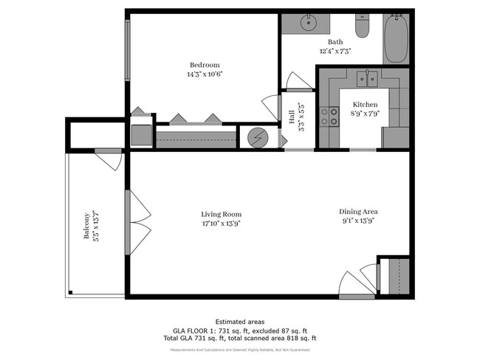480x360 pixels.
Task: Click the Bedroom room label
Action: pos(204,65)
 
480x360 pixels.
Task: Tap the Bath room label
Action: pos(335,42)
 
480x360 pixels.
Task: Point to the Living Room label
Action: pos(222,214)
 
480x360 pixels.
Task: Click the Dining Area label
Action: pos(360,210)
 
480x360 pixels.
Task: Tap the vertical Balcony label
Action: pos(86,226)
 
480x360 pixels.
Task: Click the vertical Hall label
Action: pos(292,117)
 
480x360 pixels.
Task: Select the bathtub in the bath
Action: pos(397,38)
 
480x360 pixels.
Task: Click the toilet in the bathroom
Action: pos(362,27)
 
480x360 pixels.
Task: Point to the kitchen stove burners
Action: pos(329,116)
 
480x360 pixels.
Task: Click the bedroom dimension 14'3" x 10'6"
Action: pos(205,75)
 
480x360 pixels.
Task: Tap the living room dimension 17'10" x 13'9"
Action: pos(222,224)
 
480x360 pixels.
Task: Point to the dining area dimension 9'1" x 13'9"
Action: pos(360,220)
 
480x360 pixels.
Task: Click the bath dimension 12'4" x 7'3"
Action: pos(335,52)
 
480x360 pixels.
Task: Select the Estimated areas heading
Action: pos(240,322)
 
